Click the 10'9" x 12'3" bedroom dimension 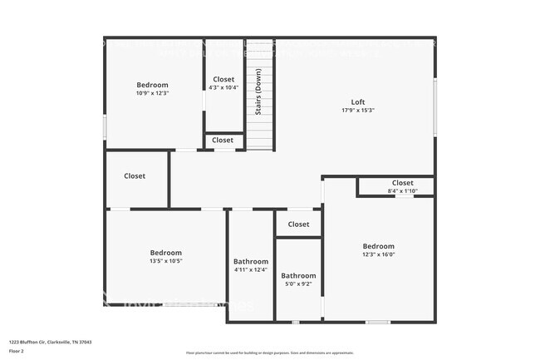click(152, 93)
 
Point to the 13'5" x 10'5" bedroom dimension click(165, 261)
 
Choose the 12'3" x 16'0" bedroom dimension click(378, 254)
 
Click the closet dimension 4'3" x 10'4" click(223, 87)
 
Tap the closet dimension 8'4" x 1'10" click(402, 191)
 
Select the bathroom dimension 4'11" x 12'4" click(250, 269)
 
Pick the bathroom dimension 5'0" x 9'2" click(297, 284)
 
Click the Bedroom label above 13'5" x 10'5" click(165, 253)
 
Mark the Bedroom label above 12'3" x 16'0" click(378, 246)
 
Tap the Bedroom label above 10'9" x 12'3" click(152, 85)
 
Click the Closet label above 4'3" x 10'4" click(223, 79)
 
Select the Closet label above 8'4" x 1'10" click(402, 183)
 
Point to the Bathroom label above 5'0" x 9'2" click(297, 275)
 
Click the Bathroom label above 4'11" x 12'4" click(250, 261)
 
